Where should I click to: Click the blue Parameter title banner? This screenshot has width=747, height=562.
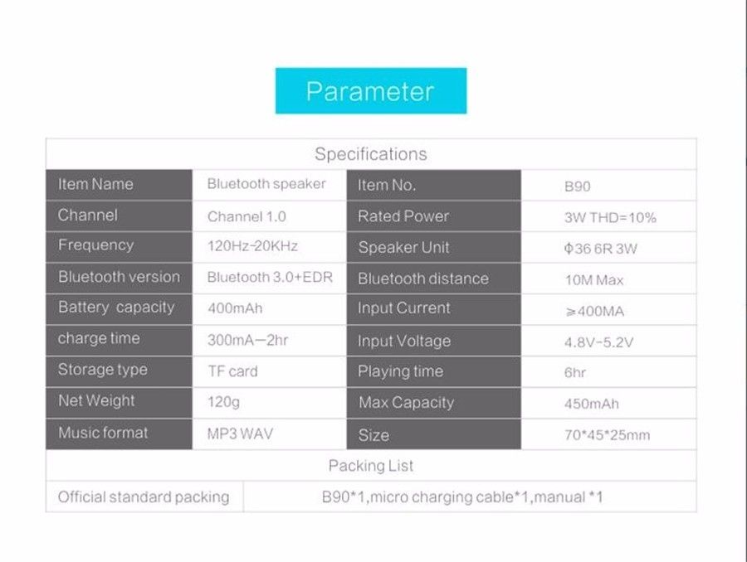point(371,91)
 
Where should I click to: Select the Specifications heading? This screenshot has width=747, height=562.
point(371,154)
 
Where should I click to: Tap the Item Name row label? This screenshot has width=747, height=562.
point(95,184)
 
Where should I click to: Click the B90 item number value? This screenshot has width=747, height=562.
point(577,186)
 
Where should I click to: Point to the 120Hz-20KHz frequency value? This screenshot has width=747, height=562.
point(252,246)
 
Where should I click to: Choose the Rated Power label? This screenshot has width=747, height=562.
point(403,216)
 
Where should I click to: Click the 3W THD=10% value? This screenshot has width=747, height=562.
point(610,217)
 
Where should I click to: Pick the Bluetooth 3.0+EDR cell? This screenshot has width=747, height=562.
point(270,277)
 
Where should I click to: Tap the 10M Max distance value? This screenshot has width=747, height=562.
point(594,280)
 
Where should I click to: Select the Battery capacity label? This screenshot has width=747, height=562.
point(116,308)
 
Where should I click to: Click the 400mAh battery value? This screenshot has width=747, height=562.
point(235,308)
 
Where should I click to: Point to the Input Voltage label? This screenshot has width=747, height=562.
point(404,342)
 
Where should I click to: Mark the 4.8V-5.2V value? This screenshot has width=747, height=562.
point(598,342)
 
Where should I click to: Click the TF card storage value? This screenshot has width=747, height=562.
point(232,371)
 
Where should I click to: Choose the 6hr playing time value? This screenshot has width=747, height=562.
point(574,372)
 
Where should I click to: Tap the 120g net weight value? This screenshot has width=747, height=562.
point(223,402)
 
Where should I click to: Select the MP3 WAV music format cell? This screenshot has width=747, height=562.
point(240,434)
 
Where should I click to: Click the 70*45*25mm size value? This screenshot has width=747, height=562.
point(607,435)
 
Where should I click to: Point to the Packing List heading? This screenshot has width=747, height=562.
point(371,465)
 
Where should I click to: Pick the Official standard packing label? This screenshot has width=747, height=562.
point(144,497)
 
